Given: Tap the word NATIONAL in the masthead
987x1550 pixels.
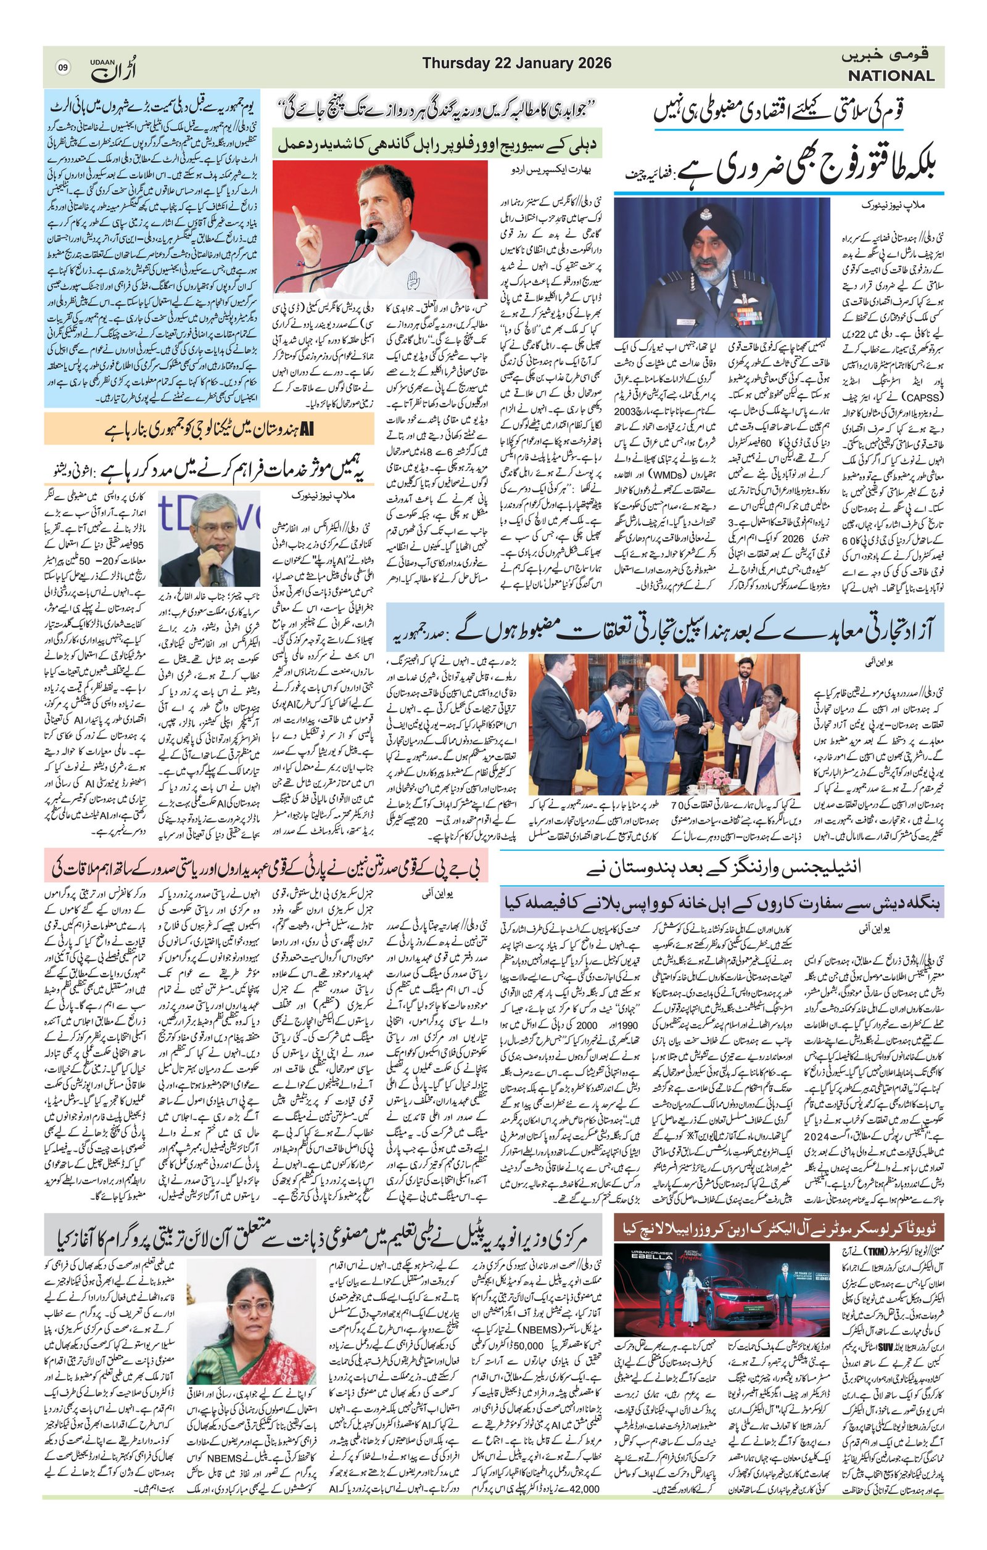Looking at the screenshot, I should pyautogui.click(x=890, y=76).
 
